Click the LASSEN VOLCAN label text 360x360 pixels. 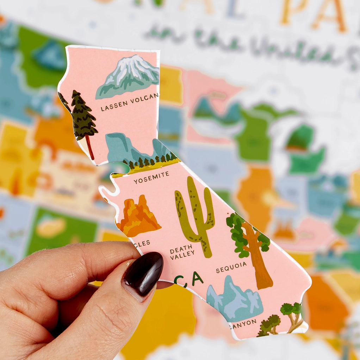tap(129, 102)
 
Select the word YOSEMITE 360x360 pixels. tap(151, 178)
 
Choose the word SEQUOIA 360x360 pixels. tap(231, 267)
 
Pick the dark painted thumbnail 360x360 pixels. tap(143, 274)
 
